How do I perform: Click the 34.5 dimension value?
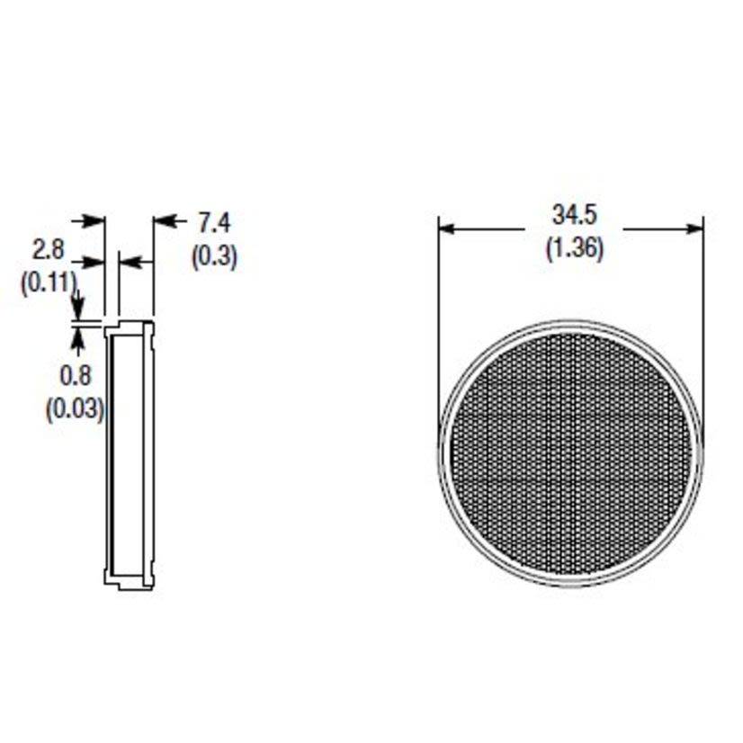pos(575,216)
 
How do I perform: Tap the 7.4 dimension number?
pos(213,222)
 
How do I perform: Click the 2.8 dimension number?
pos(48,248)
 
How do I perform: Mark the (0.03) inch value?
pos(76,409)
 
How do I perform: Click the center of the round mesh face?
pos(571,452)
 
